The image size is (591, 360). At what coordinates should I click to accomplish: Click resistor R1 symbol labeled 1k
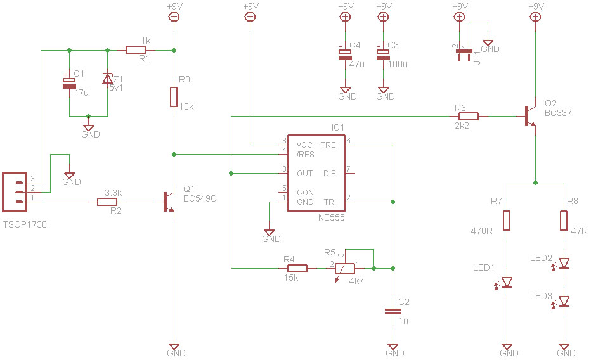pyautogui.click(x=135, y=49)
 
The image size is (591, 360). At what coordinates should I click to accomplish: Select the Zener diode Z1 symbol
pyautogui.click(x=107, y=79)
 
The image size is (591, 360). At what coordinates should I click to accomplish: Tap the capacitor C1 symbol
pyautogui.click(x=68, y=83)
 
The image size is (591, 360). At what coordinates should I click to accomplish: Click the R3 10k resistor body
pyautogui.click(x=174, y=97)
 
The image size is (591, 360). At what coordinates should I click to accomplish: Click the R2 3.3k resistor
pyautogui.click(x=107, y=202)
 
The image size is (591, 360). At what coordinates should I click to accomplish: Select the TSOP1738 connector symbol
pyautogui.click(x=13, y=192)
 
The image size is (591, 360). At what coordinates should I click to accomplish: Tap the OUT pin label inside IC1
pyautogui.click(x=304, y=173)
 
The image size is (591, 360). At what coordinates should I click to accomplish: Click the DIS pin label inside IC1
pyautogui.click(x=330, y=173)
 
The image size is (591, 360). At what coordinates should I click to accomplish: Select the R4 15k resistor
pyautogui.click(x=297, y=268)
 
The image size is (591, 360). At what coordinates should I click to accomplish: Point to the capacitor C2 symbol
pyautogui.click(x=393, y=311)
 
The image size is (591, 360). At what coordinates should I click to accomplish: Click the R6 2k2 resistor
pyautogui.click(x=469, y=116)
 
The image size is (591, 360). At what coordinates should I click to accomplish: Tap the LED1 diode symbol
pyautogui.click(x=507, y=283)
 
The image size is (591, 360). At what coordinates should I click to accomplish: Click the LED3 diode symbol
pyautogui.click(x=563, y=302)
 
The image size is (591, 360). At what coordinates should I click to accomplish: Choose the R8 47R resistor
pyautogui.click(x=563, y=221)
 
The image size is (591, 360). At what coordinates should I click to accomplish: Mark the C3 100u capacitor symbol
pyautogui.click(x=382, y=55)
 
